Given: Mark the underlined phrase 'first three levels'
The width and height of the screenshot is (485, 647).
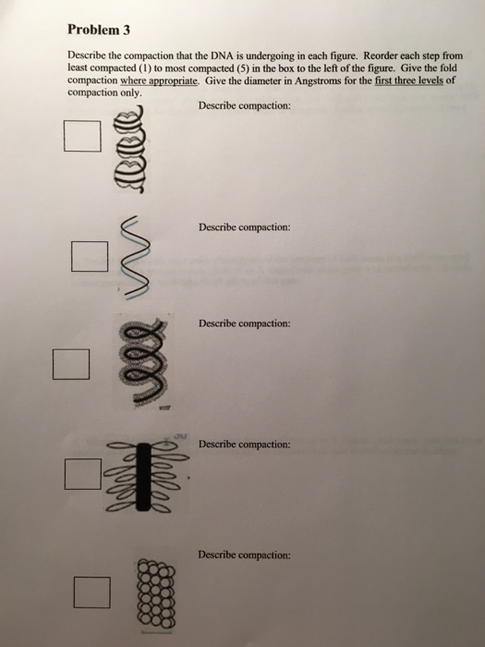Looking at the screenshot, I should point(408,80).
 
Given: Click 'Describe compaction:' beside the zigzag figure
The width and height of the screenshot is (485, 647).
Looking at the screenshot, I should point(244,227).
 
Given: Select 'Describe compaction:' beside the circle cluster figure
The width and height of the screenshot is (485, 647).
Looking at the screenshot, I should point(244,555).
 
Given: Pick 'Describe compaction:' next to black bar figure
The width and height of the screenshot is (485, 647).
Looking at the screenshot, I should point(244,445).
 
